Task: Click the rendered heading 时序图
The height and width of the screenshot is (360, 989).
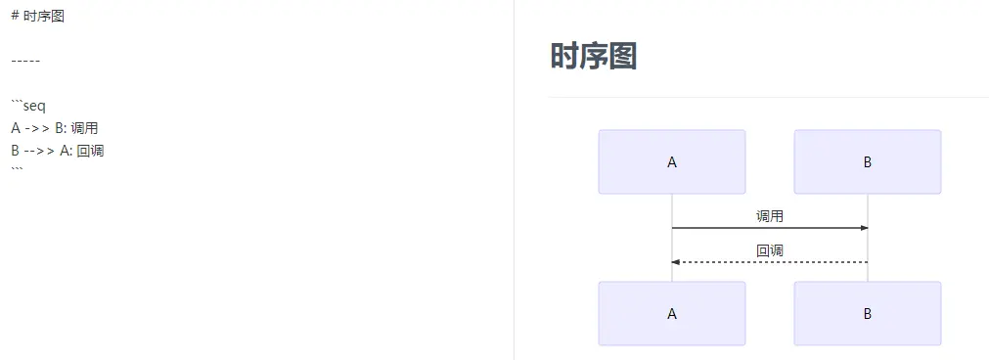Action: (593, 56)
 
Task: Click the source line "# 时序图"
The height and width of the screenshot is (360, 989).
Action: (37, 16)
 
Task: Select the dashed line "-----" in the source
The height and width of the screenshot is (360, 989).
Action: (25, 61)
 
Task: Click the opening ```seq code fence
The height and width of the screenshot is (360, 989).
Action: (28, 106)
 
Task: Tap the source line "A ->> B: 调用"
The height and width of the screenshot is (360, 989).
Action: (55, 128)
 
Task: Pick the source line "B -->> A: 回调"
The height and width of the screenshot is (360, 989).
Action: (58, 151)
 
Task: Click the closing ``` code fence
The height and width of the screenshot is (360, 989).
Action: (17, 171)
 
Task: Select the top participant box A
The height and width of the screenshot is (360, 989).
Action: (672, 162)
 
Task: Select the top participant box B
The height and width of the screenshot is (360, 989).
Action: (868, 162)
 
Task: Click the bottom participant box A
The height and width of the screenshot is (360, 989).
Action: (672, 314)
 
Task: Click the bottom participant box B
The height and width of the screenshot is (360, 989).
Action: (868, 314)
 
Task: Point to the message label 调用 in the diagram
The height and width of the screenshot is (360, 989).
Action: (770, 216)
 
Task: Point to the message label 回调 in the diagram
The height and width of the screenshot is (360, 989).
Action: (770, 250)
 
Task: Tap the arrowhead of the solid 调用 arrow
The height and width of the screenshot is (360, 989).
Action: (864, 228)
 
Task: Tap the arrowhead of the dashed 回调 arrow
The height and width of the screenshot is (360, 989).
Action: (676, 262)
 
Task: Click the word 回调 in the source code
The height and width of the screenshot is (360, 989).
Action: (91, 151)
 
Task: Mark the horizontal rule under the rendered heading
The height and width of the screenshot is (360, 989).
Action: (768, 98)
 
